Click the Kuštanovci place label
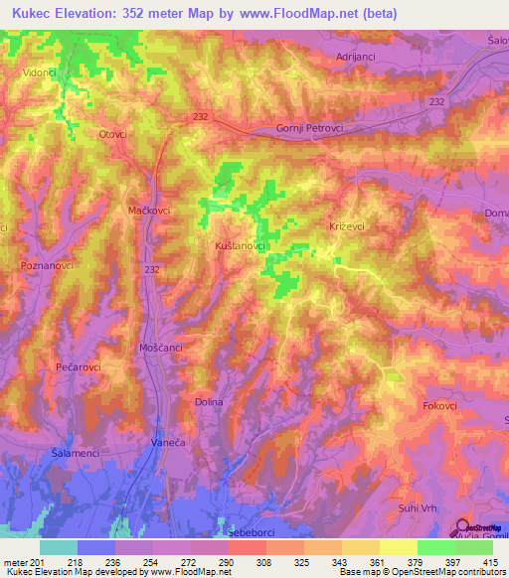tap(239, 244)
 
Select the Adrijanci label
tap(357, 58)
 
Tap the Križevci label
tap(348, 226)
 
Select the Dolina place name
tap(209, 402)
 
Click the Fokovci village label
tap(439, 405)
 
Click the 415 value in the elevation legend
tap(490, 562)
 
